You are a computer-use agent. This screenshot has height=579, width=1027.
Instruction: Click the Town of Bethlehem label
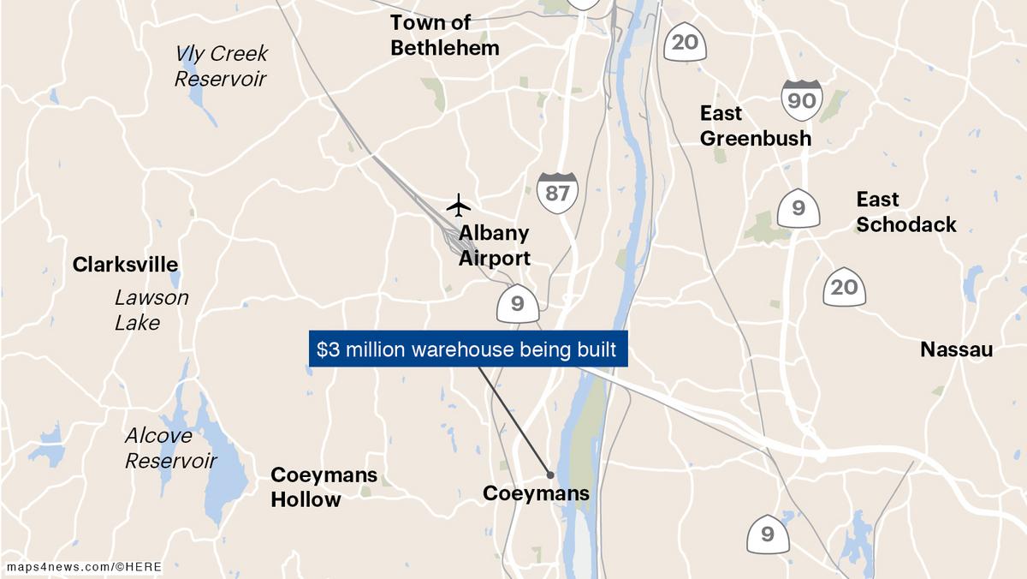(444, 35)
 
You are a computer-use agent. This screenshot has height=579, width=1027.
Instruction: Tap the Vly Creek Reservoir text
(221, 66)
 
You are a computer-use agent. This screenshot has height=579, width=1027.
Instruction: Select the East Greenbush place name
(755, 125)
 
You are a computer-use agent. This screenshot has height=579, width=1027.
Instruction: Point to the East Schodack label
(905, 212)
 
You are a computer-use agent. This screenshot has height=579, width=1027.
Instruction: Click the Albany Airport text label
(494, 246)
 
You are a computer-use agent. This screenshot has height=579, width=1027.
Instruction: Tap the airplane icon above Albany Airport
(459, 206)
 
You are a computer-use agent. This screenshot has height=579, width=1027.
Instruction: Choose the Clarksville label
(125, 264)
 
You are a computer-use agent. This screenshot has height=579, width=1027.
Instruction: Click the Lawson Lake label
(151, 310)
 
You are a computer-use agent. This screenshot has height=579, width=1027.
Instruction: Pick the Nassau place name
(956, 349)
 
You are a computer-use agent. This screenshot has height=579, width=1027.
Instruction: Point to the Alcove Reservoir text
(170, 448)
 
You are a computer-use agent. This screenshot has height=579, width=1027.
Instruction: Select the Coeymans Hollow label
(324, 487)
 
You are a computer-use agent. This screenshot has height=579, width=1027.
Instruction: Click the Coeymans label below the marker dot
(536, 493)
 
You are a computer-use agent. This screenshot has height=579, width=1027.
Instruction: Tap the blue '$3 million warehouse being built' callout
(467, 349)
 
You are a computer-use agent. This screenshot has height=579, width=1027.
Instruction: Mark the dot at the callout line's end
(549, 475)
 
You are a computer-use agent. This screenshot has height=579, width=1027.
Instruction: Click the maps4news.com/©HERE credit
(84, 567)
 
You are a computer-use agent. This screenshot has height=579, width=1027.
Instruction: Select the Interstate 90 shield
(801, 100)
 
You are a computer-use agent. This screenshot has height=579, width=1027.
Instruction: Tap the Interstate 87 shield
(557, 192)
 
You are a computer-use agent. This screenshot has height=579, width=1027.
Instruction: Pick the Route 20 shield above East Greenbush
(685, 41)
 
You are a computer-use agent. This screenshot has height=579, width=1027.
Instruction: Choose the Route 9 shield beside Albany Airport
(517, 303)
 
